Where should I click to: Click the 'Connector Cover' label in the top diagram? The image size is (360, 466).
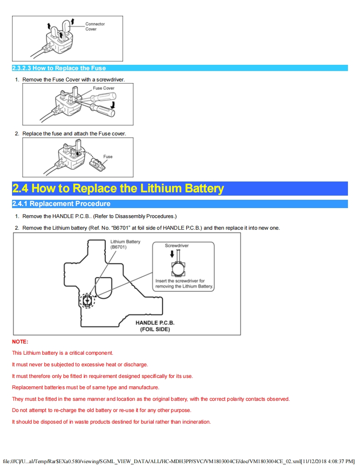pos(95,27)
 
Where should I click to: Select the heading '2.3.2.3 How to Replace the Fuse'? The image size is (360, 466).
pos(59,68)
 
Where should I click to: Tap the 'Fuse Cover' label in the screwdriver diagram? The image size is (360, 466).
pos(104,88)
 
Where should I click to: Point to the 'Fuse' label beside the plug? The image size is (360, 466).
pos(108,157)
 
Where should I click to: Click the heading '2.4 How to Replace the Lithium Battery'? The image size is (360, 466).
pos(118,189)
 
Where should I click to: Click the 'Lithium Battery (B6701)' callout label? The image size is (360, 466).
pos(125,244)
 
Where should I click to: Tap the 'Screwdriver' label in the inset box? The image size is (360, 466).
pos(177,245)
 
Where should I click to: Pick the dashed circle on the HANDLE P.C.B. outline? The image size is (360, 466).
pos(87,300)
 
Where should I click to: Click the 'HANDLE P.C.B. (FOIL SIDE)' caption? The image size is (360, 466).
pos(155,326)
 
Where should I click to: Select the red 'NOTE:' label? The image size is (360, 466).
pos(20,342)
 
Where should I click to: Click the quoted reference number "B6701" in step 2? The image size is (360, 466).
pos(121,228)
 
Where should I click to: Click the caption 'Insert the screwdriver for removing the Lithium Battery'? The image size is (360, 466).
pos(184,284)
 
